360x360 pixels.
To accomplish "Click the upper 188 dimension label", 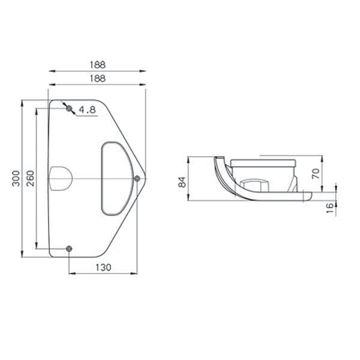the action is coord(98,65).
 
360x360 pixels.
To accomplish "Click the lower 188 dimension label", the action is coord(98,79).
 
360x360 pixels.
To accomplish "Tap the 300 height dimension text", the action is coord(16,178).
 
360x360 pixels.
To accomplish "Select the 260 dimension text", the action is coord(30,178).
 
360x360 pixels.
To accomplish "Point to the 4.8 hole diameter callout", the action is coord(87,110).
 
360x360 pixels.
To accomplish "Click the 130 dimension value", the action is coord(103,267).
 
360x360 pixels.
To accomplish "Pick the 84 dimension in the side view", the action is coord(182,182).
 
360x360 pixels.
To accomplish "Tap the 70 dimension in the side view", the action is coord(316,173).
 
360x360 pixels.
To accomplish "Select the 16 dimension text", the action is coord(329,208).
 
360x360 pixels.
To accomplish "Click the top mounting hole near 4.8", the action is coord(69,108).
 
